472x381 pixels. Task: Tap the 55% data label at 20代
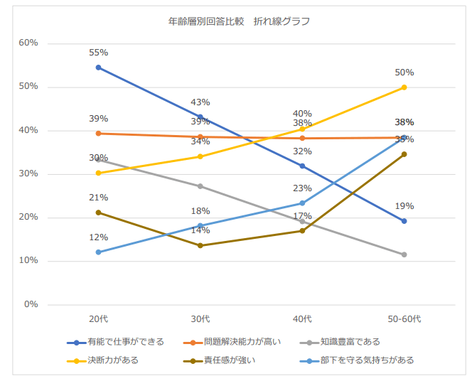coord(98,53)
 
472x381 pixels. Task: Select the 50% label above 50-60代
coord(404,73)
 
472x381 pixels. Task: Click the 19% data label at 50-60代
coord(404,206)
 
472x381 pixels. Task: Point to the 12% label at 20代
coord(98,237)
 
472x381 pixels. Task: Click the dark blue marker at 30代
coord(200,117)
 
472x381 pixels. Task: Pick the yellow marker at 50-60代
coord(404,87)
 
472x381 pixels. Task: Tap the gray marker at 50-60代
coord(404,254)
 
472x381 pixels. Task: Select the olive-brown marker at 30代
coord(200,246)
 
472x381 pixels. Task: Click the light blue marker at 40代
coord(302,203)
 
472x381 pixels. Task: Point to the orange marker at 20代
coord(98,134)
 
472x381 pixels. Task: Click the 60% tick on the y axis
coord(28,43)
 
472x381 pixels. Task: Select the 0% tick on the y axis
coord(31,304)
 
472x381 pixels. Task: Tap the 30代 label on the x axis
coord(200,318)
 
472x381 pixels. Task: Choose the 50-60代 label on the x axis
coord(404,318)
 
